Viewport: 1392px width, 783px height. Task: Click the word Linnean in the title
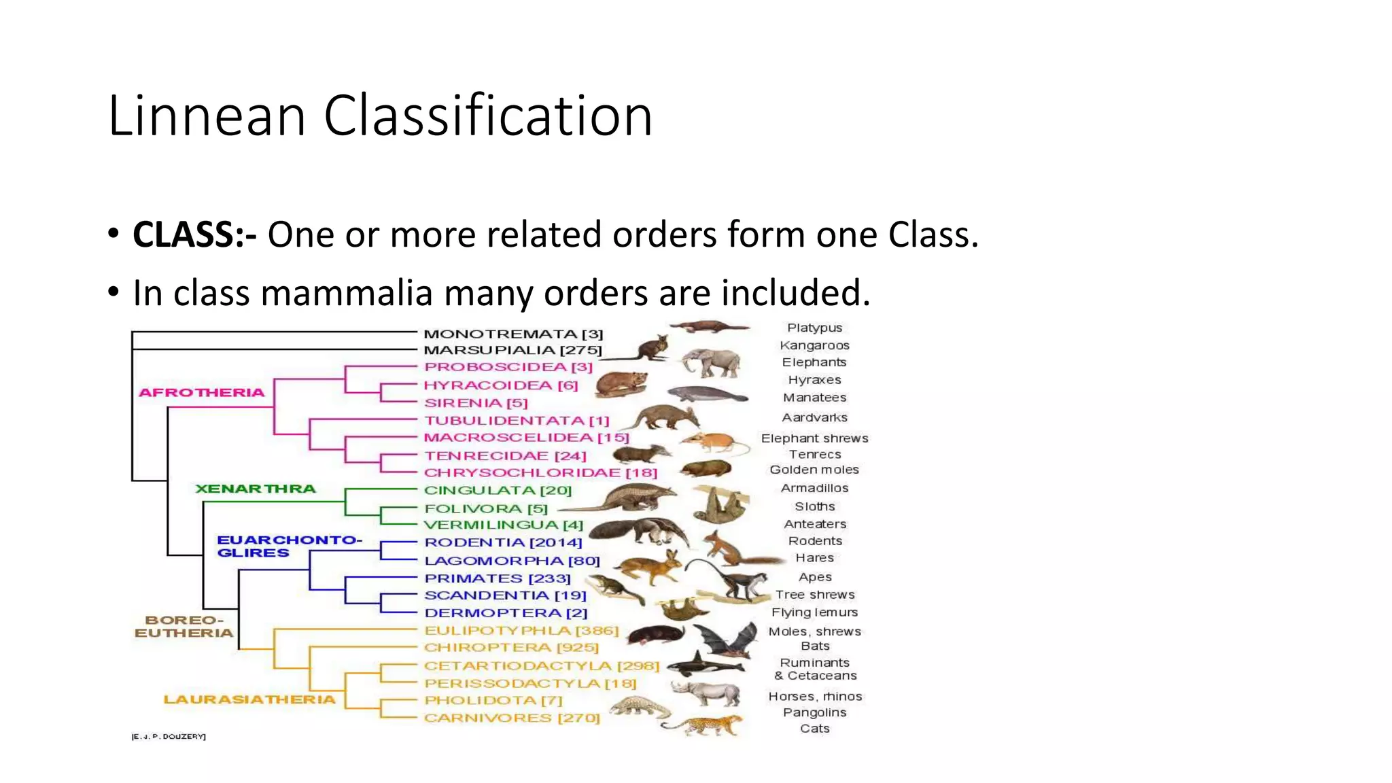click(207, 116)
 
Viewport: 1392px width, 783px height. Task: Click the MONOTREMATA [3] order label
click(513, 334)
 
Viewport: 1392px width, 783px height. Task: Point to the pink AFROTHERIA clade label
click(201, 393)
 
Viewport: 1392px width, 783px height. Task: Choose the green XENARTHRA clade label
click(256, 489)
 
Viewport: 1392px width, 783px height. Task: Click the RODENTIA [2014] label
click(503, 542)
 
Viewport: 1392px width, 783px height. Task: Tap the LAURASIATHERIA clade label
click(249, 699)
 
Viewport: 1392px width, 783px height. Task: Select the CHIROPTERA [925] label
click(511, 648)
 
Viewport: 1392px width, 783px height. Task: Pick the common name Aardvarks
click(814, 417)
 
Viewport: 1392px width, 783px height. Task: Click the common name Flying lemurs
click(814, 612)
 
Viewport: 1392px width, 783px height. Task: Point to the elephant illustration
click(711, 362)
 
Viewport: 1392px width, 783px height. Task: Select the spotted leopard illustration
click(707, 725)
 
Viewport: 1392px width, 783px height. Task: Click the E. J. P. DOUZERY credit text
click(169, 736)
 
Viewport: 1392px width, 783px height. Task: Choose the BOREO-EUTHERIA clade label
click(184, 627)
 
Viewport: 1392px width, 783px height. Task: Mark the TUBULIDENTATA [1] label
click(517, 421)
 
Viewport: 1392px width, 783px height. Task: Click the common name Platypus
click(814, 328)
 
